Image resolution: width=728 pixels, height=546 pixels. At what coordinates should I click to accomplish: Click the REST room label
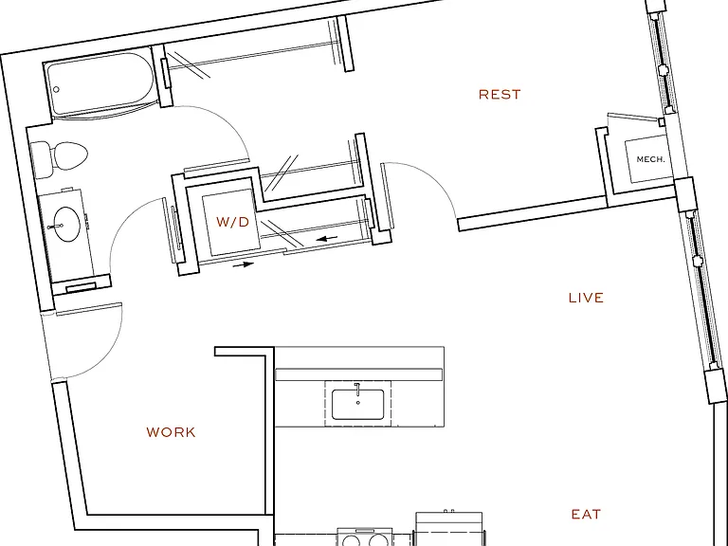pos(500,94)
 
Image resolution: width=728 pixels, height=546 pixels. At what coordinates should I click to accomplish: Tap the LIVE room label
pos(586,298)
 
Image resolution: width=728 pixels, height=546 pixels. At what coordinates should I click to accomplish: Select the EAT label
pos(586,515)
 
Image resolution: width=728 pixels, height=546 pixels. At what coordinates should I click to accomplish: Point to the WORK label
pos(171,432)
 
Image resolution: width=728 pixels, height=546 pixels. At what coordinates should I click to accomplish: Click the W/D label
pos(232,222)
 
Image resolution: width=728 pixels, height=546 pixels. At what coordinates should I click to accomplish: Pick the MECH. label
pos(650,159)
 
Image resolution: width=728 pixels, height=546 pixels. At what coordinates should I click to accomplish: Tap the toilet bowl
pos(69,155)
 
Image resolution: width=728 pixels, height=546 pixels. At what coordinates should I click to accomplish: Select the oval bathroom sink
pos(67,224)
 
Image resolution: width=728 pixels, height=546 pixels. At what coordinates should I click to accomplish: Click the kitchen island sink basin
pos(357,405)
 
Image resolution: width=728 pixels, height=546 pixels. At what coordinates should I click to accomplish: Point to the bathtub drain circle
pos(56,89)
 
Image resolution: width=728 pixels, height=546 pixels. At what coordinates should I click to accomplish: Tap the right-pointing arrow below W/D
pos(244,264)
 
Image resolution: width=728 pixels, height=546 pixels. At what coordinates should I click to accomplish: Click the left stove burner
pos(351,541)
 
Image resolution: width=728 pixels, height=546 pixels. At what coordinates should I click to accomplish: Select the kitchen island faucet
pos(357,389)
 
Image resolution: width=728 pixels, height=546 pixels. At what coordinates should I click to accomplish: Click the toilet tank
pos(42,159)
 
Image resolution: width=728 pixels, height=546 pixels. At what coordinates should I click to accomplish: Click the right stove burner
pos(378,541)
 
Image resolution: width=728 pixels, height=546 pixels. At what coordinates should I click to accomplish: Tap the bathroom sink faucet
pos(55,227)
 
